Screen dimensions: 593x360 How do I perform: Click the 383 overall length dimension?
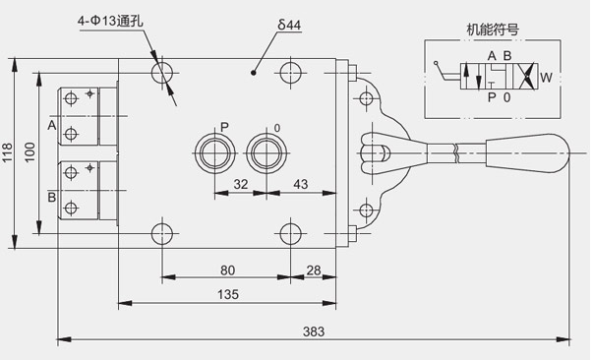[314, 331]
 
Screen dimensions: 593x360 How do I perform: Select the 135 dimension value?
[228, 294]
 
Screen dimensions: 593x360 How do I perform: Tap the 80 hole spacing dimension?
[228, 270]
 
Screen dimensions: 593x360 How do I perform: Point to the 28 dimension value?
[314, 270]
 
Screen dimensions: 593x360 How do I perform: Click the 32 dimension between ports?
[241, 184]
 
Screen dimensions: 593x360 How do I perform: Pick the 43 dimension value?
[301, 184]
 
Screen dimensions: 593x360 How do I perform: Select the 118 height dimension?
[8, 152]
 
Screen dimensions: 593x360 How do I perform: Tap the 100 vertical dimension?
[30, 152]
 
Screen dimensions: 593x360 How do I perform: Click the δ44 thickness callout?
[289, 25]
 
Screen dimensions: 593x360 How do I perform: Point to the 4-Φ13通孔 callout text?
[110, 21]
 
